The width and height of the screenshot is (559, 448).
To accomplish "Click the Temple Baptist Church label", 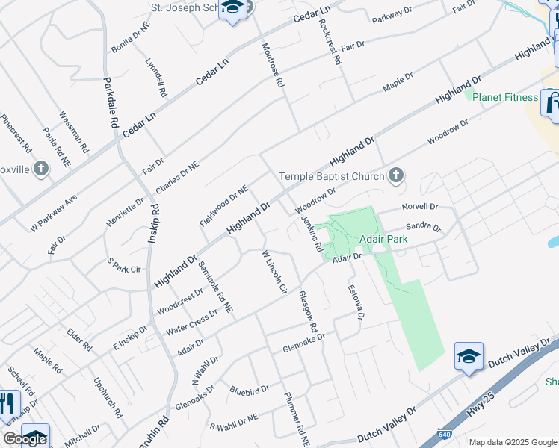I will pos(332,177).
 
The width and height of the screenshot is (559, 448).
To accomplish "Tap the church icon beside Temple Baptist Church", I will pos(396,176).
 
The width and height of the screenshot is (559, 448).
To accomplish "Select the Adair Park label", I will pos(383,240).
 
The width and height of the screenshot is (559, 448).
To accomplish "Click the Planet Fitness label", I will pos(510,97).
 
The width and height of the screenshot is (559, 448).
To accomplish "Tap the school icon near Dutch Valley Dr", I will pos(469,357).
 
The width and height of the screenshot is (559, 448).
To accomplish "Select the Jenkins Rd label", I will pos(312,233).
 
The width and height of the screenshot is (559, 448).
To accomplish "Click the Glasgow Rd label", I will pos(308,312).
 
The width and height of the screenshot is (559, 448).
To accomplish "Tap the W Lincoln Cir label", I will pos(274,272).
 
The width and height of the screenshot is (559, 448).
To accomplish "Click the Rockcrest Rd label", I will pos(329,42).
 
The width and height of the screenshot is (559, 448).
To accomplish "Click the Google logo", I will pos(25,439).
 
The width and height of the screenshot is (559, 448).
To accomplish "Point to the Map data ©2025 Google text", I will pos(513,442).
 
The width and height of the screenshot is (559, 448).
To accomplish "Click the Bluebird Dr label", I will pos(250,390).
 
